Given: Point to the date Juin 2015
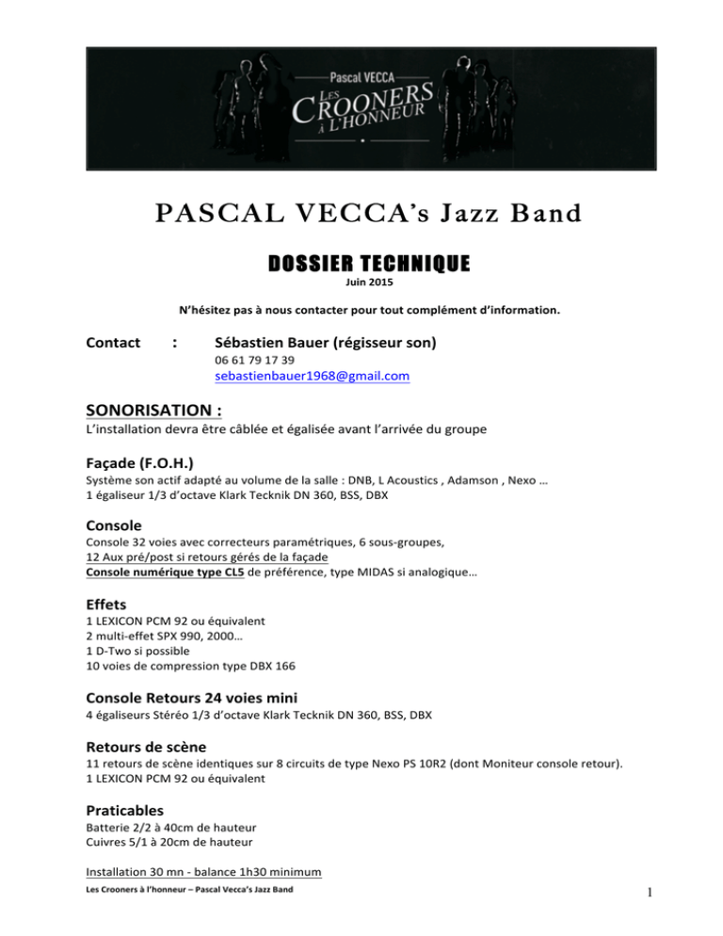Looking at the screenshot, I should click(361, 282).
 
